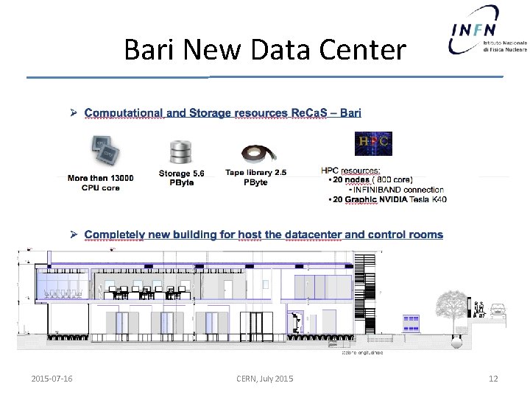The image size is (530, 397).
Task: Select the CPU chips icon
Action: [x=105, y=150]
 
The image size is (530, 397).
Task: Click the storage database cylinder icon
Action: [x=180, y=151]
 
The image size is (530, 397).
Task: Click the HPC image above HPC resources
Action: [x=373, y=144]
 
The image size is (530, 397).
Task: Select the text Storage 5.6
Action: [x=181, y=174]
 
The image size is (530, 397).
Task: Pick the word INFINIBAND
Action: [x=373, y=189]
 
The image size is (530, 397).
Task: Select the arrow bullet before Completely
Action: [x=74, y=235]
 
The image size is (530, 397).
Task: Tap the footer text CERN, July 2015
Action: [x=264, y=379]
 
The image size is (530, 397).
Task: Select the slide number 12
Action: [x=493, y=379]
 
